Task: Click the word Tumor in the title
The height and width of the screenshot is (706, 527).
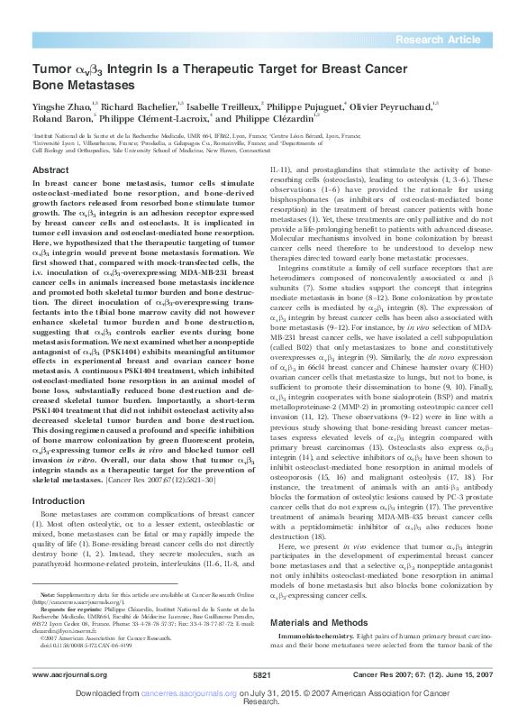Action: click(x=50, y=69)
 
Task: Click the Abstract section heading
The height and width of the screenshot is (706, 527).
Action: click(x=50, y=170)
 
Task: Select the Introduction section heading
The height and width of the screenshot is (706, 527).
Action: click(x=59, y=500)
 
